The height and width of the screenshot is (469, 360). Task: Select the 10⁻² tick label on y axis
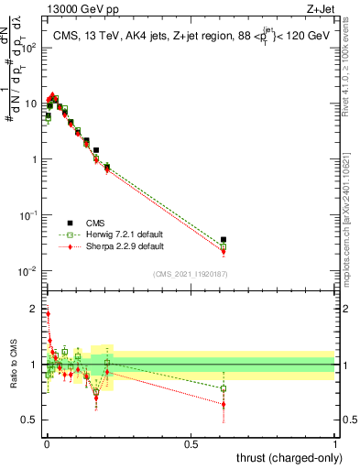click(x=29, y=271)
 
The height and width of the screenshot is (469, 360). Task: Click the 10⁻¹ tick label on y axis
click(x=29, y=215)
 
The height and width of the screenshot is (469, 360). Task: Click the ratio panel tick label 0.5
click(x=29, y=420)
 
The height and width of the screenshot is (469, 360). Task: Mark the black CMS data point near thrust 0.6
click(x=224, y=240)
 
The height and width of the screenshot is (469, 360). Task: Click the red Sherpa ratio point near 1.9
click(x=48, y=313)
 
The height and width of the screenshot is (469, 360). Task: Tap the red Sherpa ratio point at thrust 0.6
click(x=224, y=404)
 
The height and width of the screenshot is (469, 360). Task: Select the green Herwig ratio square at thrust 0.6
click(x=224, y=388)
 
